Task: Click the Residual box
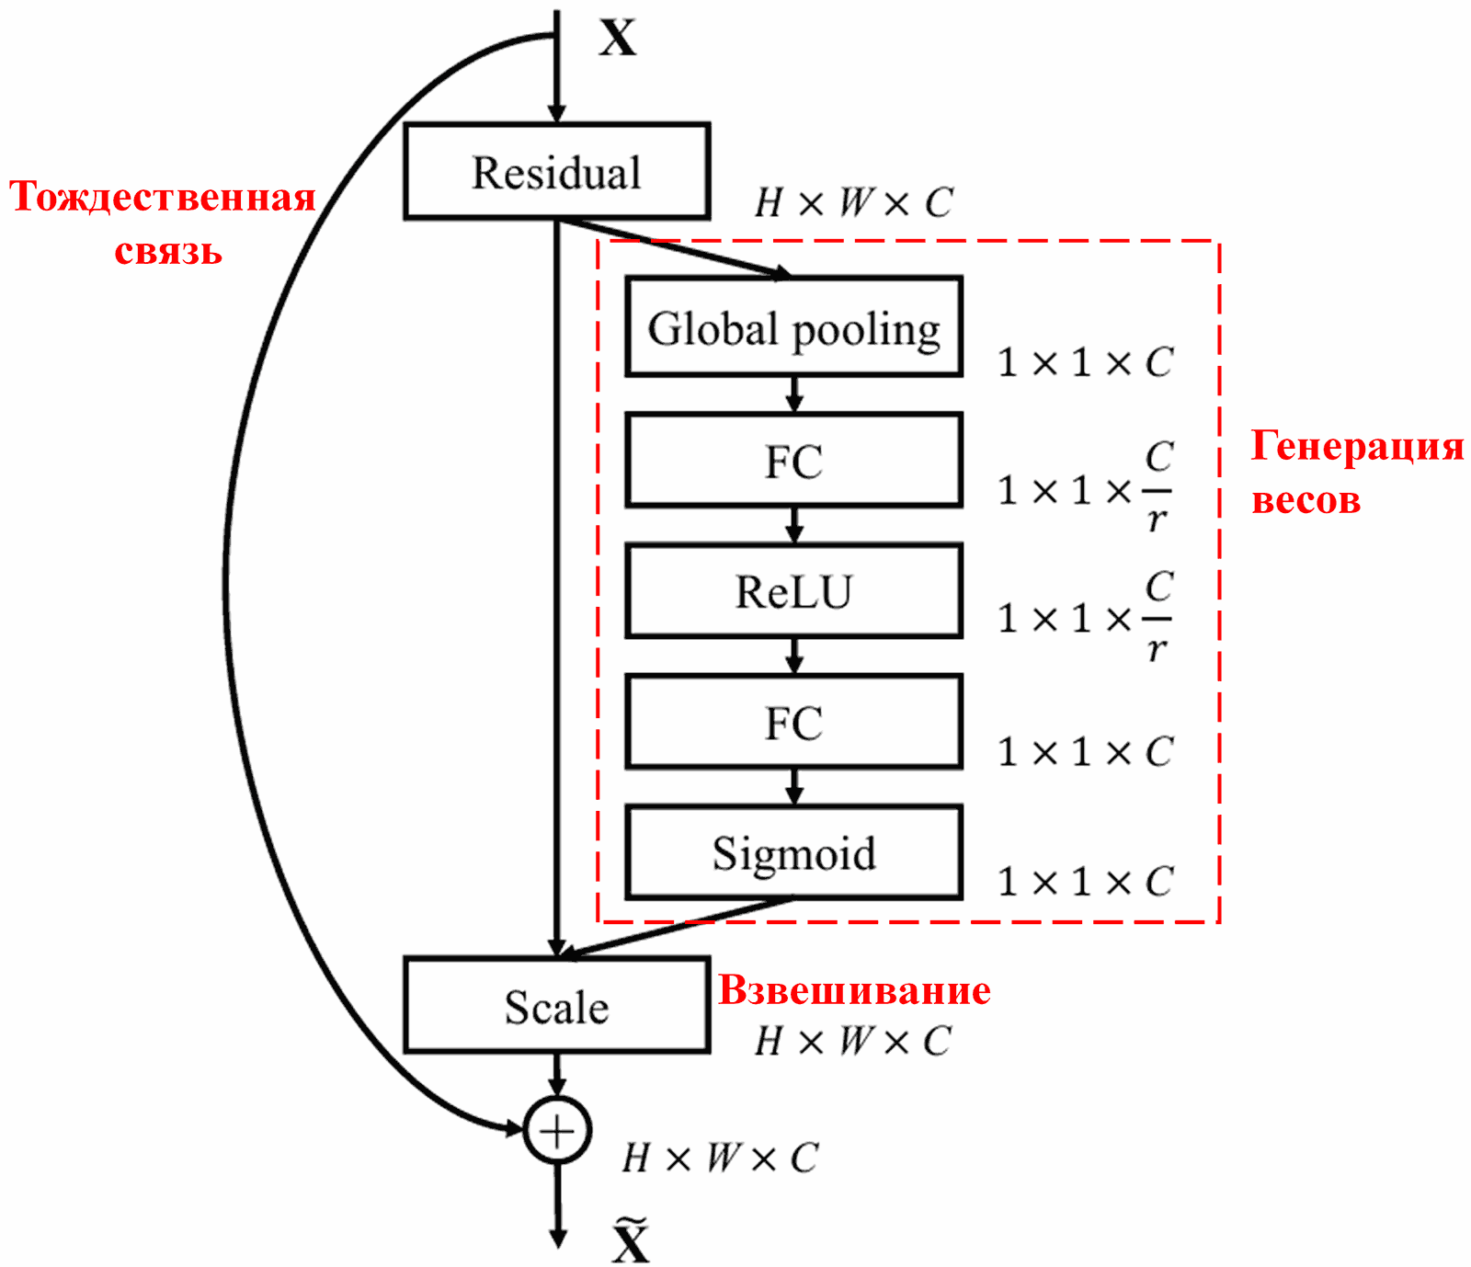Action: click(556, 172)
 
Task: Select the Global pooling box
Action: click(793, 327)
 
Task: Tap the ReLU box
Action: click(793, 591)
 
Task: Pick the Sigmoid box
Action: click(793, 852)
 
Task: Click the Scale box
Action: click(556, 1005)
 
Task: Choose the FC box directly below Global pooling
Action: click(793, 460)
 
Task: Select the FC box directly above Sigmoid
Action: click(793, 722)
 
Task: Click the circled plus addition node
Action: click(557, 1130)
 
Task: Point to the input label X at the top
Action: click(618, 39)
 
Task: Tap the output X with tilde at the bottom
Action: click(631, 1241)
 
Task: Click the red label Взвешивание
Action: click(854, 990)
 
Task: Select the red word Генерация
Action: click(1357, 446)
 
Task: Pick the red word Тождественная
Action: click(163, 197)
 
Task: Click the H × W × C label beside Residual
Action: click(853, 202)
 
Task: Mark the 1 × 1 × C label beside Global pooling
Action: click(1085, 362)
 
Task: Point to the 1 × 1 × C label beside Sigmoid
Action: click(1085, 882)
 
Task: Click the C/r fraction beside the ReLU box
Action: click(1158, 617)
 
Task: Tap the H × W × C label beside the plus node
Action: click(720, 1158)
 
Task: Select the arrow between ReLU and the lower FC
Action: click(794, 656)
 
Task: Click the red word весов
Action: click(1306, 500)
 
